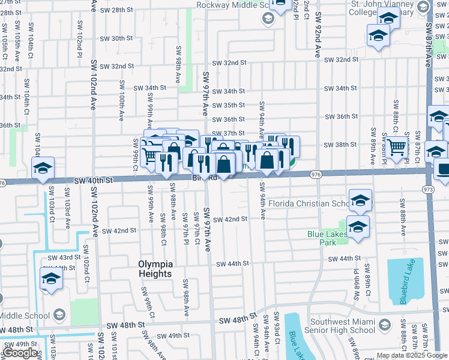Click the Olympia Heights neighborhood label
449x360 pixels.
155,269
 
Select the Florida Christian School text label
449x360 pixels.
309,203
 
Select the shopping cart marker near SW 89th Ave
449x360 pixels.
396,147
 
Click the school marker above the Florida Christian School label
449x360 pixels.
360,200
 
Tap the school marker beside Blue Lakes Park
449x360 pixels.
358,227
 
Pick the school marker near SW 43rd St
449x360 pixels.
52,278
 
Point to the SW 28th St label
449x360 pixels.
113,10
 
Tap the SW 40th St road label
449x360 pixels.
93,180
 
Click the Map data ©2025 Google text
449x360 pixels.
411,355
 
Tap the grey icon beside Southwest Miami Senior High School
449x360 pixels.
384,326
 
